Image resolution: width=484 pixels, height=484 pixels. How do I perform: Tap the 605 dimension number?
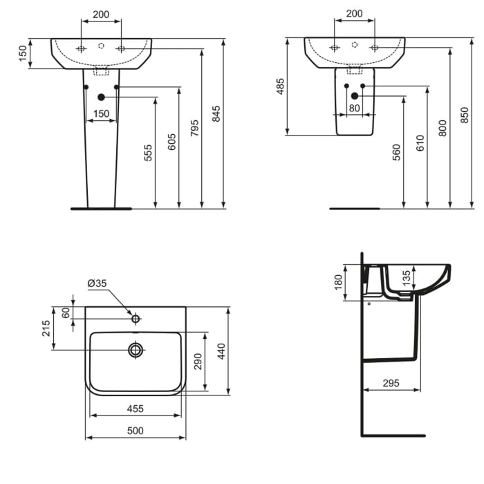(x=171, y=141)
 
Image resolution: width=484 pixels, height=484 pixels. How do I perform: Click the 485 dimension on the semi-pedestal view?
(x=281, y=86)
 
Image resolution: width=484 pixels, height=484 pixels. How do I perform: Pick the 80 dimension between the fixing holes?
(x=354, y=107)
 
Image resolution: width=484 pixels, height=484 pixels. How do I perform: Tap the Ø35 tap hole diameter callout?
(x=97, y=283)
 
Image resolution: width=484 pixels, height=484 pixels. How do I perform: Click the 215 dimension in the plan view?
(x=46, y=328)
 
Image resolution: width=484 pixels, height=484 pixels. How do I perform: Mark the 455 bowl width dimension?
(x=135, y=409)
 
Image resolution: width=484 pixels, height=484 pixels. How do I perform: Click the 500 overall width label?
(x=135, y=431)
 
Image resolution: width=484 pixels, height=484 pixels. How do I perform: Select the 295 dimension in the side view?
(x=391, y=382)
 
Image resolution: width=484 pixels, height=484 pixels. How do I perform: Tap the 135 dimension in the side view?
(x=407, y=277)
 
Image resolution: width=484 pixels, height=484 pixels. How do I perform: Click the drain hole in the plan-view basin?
(x=136, y=350)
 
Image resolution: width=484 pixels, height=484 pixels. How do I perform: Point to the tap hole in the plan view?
(x=136, y=319)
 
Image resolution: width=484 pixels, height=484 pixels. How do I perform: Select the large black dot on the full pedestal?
(x=102, y=97)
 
